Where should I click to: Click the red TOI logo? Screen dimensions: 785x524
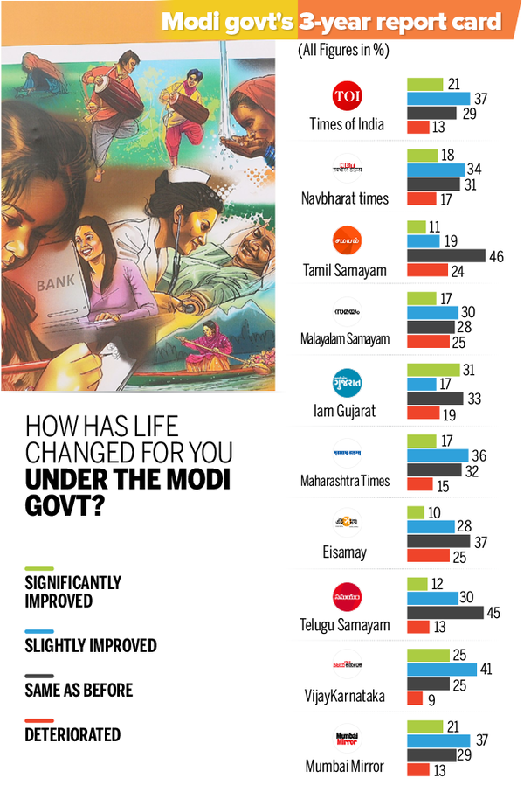coord(347,95)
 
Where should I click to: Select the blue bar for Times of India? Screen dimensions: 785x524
coord(439,99)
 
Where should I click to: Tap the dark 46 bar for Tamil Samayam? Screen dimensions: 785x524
coord(446,255)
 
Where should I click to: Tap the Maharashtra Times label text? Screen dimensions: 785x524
coord(345,481)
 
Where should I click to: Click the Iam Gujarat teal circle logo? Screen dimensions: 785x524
coord(347,382)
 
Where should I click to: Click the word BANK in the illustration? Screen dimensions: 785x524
coord(55,285)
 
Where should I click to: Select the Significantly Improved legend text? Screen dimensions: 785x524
coord(72,592)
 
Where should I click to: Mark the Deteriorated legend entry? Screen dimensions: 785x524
coord(72,734)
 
